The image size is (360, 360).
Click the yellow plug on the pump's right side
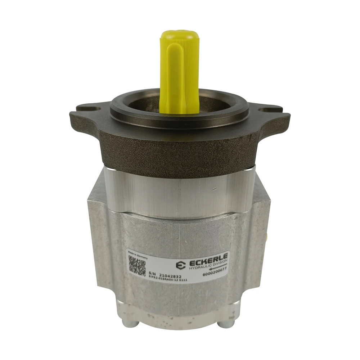(268, 236)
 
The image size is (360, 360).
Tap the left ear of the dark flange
(86, 115)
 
